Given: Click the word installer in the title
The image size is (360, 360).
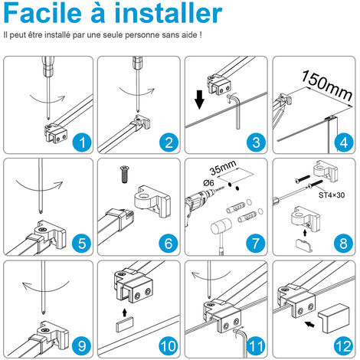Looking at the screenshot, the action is (x=169, y=13).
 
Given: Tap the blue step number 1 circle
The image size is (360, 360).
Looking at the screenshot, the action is (x=82, y=142).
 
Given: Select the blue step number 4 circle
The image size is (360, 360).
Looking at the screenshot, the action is (x=344, y=142).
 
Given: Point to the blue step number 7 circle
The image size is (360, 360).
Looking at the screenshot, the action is (x=256, y=244).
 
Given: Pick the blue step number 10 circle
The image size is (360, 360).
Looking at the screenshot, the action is (x=169, y=346).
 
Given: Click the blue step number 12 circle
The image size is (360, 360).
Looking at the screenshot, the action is (x=344, y=346).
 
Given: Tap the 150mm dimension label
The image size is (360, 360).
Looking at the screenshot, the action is (x=328, y=85).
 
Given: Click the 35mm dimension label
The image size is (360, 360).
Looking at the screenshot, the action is (x=223, y=168).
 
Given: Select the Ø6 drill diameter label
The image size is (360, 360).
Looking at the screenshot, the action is (x=208, y=183).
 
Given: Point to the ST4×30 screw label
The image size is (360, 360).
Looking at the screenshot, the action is (x=332, y=195).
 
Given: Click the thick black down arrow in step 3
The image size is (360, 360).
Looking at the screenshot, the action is (x=199, y=100).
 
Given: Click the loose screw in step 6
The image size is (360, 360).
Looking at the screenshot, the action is (x=125, y=174).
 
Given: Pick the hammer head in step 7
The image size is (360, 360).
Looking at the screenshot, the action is (x=221, y=227).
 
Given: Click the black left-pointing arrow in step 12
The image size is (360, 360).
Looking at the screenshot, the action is (x=309, y=325).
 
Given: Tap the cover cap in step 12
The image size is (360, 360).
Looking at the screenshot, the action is (x=333, y=318).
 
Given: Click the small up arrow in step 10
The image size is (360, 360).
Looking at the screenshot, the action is (x=125, y=313).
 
